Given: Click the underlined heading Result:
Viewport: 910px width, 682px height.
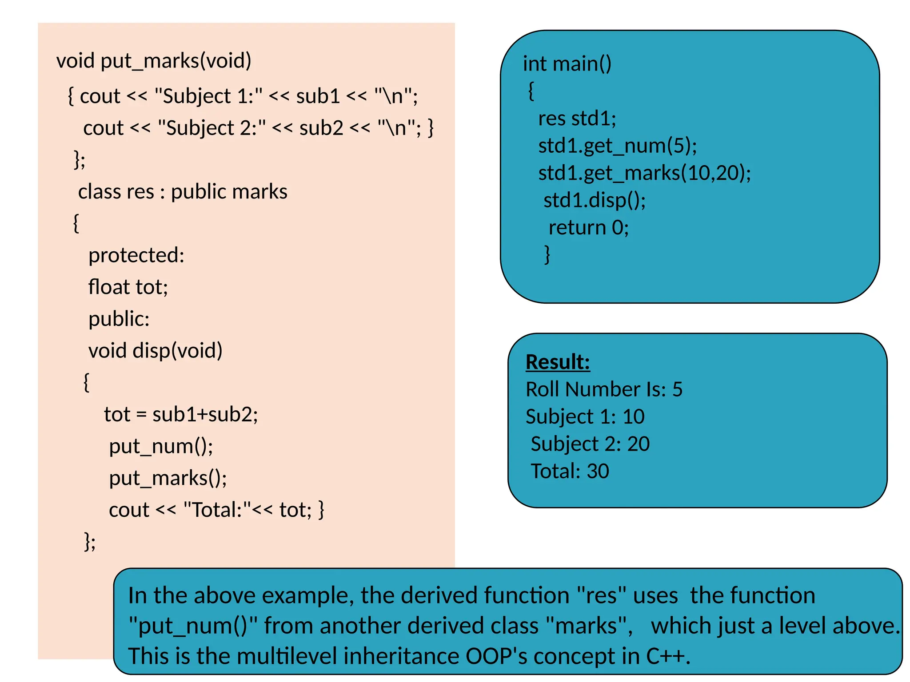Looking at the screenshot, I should pos(557,362).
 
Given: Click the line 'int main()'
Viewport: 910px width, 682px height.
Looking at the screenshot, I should pos(567,64).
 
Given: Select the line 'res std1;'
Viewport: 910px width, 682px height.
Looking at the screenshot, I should pos(577,119).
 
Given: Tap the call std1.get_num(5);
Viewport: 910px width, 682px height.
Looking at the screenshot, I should pos(617,146).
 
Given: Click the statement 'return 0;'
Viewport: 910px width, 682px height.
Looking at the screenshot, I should pos(588,228).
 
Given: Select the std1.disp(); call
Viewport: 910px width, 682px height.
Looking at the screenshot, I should pos(594,200).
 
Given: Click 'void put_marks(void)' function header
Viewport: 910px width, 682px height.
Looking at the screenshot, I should pos(154,61).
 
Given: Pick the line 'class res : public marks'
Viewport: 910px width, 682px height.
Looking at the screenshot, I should pos(183,192).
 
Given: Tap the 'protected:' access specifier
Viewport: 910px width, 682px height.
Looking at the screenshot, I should pos(136,255).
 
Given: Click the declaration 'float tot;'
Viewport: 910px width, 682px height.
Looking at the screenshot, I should pos(128,287).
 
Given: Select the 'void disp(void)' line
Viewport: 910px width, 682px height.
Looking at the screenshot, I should pos(155,351).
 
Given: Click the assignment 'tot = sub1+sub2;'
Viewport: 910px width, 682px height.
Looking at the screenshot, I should pos(181,414).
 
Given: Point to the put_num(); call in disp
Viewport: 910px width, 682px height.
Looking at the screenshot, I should pos(161,446).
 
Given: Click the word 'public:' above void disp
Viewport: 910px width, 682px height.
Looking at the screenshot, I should pos(119,319).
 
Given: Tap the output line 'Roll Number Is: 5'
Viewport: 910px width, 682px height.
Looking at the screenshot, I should pos(603,389).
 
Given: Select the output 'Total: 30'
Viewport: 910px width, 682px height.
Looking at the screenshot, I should pos(569,471).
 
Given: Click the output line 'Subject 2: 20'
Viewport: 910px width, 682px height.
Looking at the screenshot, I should pos(590,444).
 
